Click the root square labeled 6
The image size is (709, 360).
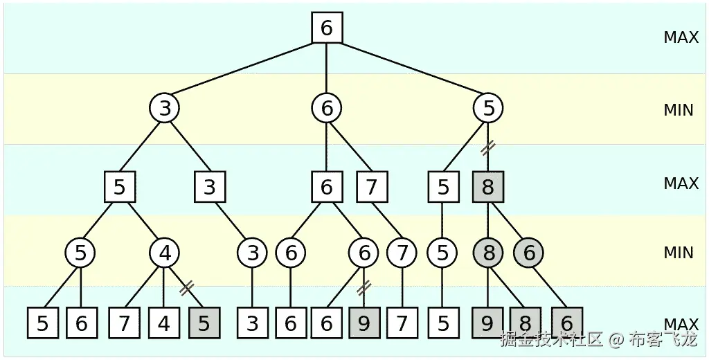[x=327, y=28]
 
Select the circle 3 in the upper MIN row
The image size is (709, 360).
[x=165, y=108]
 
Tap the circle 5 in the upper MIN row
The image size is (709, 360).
[x=488, y=108]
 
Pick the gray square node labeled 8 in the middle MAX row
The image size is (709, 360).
[x=488, y=187]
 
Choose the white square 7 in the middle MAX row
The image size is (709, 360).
[x=373, y=187]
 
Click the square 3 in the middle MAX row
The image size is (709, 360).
[x=210, y=187]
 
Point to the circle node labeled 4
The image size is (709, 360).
[x=165, y=253]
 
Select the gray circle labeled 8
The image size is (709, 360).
[x=489, y=253]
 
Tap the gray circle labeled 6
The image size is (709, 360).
[x=528, y=253]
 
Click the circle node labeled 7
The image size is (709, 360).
[x=402, y=253]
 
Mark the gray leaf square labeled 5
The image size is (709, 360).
[x=204, y=323]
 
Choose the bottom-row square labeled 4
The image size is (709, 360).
[x=164, y=323]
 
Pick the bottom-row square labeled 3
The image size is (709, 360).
[x=252, y=323]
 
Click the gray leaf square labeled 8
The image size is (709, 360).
[x=525, y=323]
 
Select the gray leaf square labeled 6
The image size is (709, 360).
[x=567, y=323]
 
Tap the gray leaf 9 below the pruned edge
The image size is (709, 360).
[x=364, y=323]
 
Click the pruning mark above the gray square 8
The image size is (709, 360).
[x=489, y=147]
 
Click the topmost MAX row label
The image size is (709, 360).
[x=681, y=37]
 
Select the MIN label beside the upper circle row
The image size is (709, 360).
[x=679, y=109]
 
